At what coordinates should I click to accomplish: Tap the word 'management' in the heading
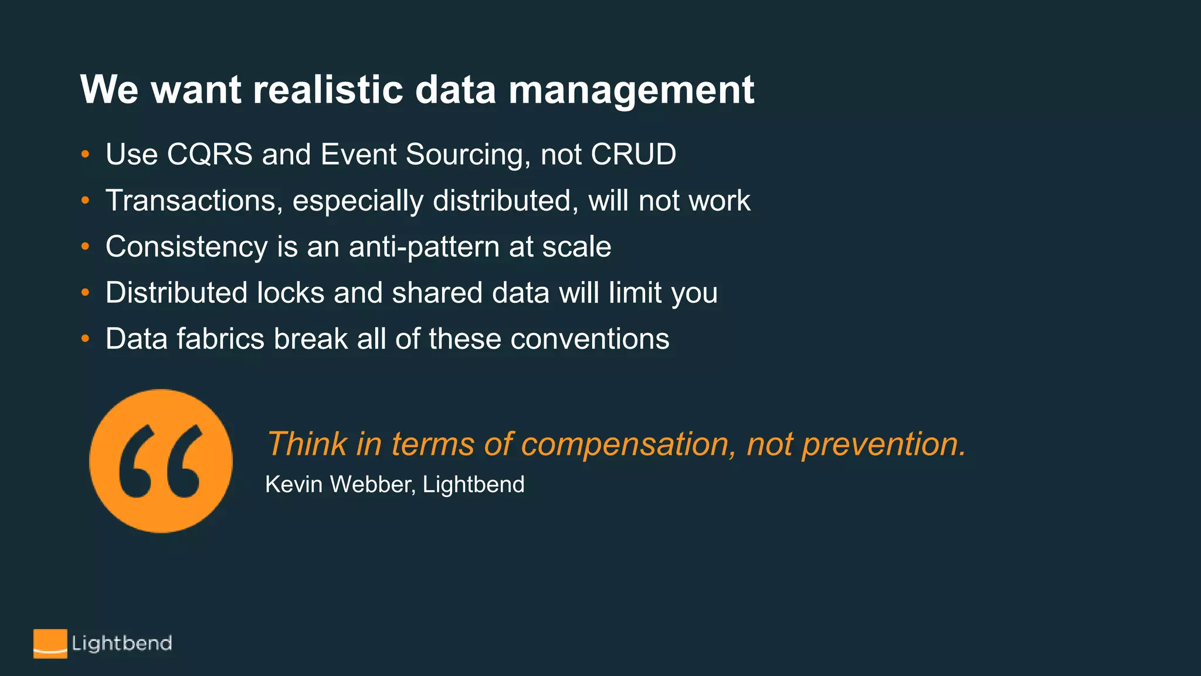pyautogui.click(x=631, y=91)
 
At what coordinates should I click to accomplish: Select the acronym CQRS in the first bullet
pyautogui.click(x=209, y=154)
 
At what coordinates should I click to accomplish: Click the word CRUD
pyautogui.click(x=633, y=154)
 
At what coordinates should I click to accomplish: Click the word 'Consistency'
pyautogui.click(x=186, y=247)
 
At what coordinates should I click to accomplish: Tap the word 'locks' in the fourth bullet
pyautogui.click(x=290, y=293)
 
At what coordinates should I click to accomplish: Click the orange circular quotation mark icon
pyautogui.click(x=161, y=461)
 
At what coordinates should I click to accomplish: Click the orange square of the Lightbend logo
pyautogui.click(x=50, y=643)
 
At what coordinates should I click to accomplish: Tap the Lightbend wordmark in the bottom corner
pyautogui.click(x=122, y=643)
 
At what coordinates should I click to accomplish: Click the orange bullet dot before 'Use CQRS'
pyautogui.click(x=86, y=154)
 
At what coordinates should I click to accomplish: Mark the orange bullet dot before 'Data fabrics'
pyautogui.click(x=86, y=339)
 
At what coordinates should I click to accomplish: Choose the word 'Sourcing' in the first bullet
pyautogui.click(x=468, y=155)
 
